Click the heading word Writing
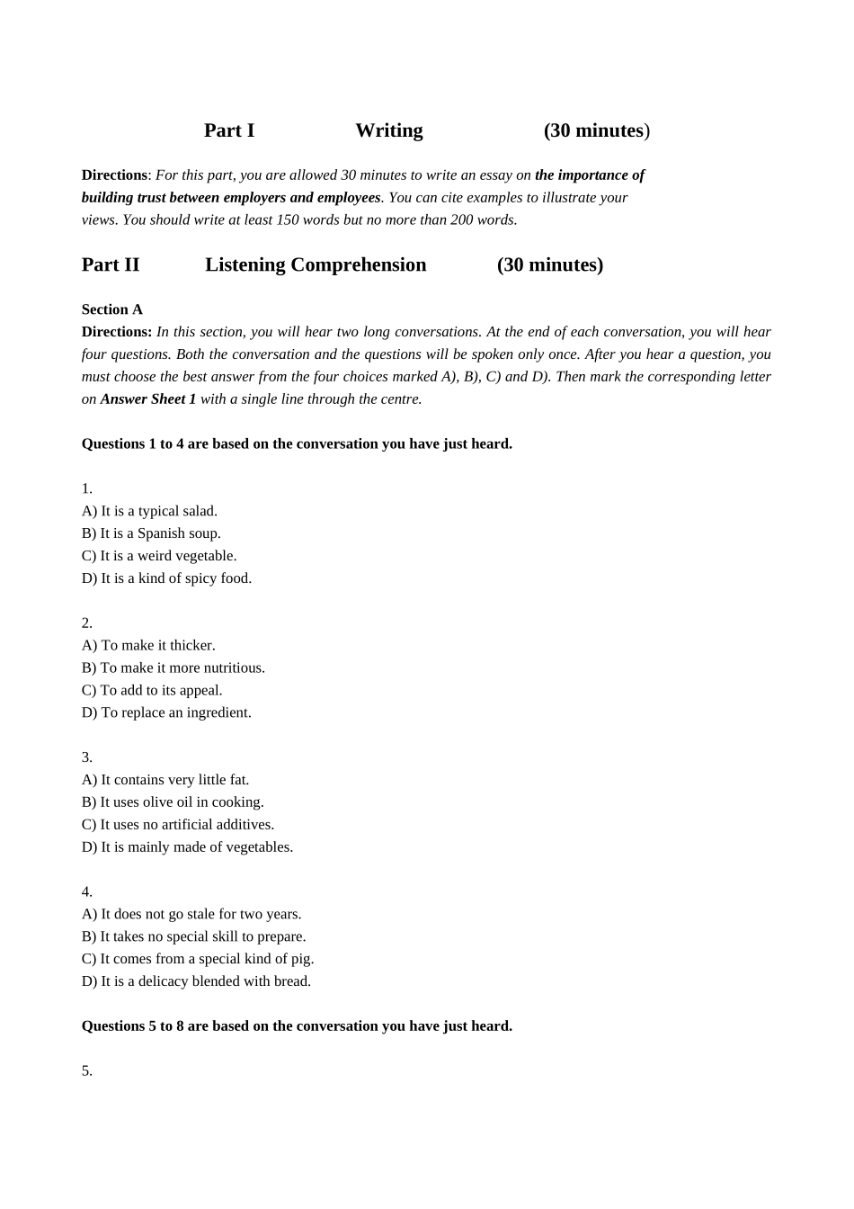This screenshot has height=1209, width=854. [x=388, y=130]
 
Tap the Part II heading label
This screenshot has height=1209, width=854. [x=111, y=264]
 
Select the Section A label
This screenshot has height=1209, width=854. [x=112, y=309]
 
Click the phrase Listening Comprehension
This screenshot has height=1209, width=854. [x=316, y=264]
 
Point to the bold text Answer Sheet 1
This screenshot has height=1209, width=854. [x=148, y=399]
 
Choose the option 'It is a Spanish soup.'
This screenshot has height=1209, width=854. [x=151, y=533]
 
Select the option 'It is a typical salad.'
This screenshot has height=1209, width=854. [x=149, y=511]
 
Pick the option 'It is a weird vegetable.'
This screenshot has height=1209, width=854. [x=159, y=556]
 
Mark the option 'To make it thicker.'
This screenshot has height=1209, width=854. [x=148, y=645]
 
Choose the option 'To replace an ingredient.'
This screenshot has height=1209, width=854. [x=166, y=712]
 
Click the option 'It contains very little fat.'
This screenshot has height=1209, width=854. [x=165, y=780]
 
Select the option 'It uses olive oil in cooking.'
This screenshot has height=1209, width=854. [x=173, y=802]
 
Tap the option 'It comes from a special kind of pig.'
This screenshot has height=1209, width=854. [x=198, y=959]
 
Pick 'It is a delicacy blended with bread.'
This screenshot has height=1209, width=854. [x=196, y=981]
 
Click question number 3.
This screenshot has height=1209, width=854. [x=87, y=757]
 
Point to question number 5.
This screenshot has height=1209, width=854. [x=87, y=1070]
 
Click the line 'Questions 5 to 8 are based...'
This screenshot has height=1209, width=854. [x=297, y=1025]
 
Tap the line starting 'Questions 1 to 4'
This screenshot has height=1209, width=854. [x=297, y=443]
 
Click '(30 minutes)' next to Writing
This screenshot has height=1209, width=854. [x=597, y=130]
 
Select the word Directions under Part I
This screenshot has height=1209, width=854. [x=114, y=175]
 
